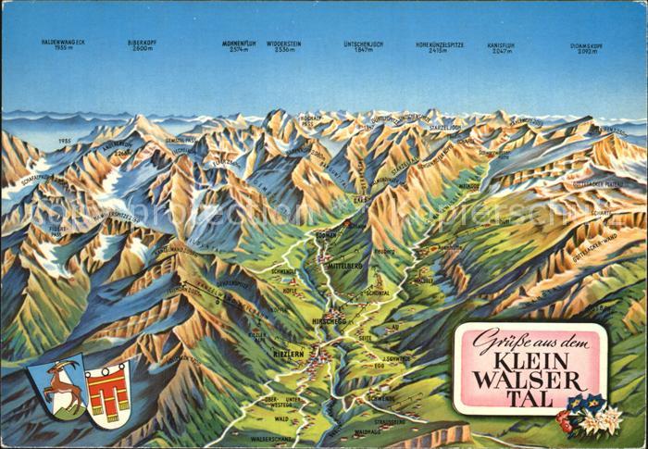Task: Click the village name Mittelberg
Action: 348,266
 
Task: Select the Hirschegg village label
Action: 330,320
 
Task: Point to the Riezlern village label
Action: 287,351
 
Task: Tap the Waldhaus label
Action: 368,430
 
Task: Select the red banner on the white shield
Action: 106,393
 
